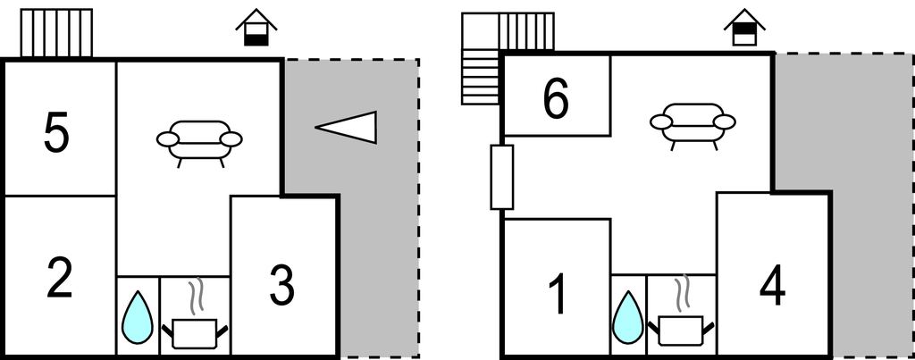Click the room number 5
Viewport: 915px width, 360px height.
tap(55, 135)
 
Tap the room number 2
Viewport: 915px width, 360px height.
tap(59, 278)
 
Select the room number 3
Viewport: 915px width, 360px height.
tap(281, 285)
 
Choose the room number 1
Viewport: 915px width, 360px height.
tap(557, 294)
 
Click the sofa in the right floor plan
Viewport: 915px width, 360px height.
tap(693, 124)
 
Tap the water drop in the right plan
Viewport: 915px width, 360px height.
tap(629, 318)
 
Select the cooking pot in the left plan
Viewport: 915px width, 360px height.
tap(196, 332)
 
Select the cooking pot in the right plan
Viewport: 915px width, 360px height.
tap(684, 329)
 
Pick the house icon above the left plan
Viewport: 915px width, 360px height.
tap(257, 28)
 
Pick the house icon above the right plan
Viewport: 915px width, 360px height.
tap(744, 28)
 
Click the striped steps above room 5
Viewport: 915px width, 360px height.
tap(56, 33)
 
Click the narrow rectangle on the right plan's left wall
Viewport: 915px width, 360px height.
tap(502, 177)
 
